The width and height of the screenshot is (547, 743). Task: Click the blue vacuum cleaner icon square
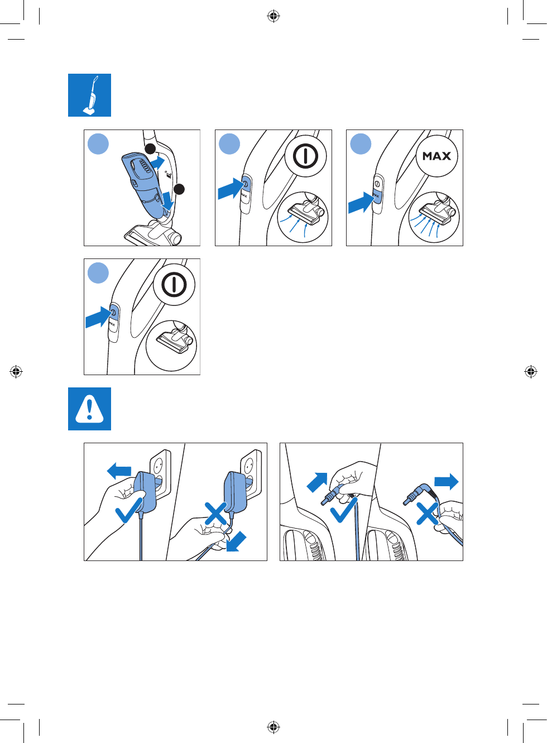89,95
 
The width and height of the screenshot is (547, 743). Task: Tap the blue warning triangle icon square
89,409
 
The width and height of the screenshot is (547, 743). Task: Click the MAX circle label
436,156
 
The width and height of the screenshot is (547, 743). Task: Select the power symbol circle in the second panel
305,156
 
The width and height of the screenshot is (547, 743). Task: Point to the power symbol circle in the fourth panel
174,285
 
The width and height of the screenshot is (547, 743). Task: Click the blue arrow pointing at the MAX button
361,202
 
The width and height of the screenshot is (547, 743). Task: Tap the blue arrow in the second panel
230,189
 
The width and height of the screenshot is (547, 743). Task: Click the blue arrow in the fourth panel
98,317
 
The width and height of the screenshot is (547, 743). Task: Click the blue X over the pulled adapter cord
216,513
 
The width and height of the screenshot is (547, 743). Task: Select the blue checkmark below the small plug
344,509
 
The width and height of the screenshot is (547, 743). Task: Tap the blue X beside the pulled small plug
427,513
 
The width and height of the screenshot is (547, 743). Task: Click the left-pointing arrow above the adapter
119,471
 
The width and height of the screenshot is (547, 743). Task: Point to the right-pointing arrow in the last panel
447,481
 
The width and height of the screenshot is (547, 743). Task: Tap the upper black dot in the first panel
150,148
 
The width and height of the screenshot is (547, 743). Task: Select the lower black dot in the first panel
179,189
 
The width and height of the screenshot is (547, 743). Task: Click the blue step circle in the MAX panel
361,144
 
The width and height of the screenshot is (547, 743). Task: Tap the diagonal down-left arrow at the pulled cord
236,540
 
